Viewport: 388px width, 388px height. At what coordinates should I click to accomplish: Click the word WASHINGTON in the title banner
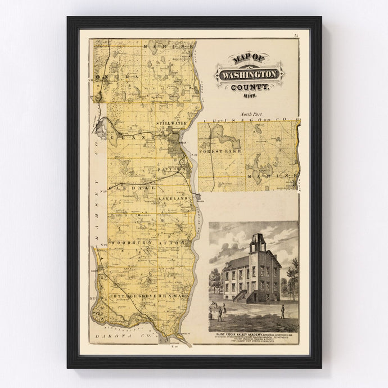pos(250,74)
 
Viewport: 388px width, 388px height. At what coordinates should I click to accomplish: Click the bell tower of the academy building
pos(259,243)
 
